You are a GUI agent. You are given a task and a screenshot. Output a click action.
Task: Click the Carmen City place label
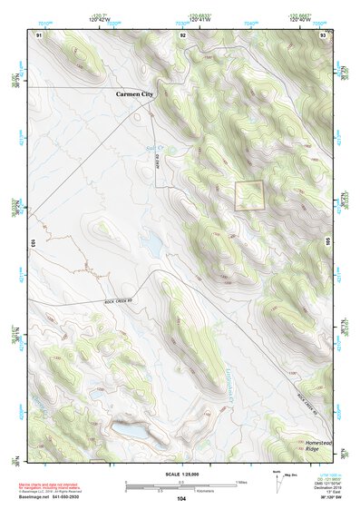point(141,93)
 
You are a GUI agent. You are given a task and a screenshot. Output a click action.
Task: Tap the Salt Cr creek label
point(155,146)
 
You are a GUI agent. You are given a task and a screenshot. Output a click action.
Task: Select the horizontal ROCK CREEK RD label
point(118,302)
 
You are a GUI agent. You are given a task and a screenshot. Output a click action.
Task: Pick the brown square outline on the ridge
point(248,195)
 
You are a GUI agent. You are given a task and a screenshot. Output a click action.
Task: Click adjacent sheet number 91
point(39,34)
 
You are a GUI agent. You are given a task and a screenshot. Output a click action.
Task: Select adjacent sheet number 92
point(183,34)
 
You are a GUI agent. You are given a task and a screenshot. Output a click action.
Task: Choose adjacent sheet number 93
point(323,34)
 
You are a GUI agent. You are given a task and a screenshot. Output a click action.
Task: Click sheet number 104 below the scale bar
point(181,499)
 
